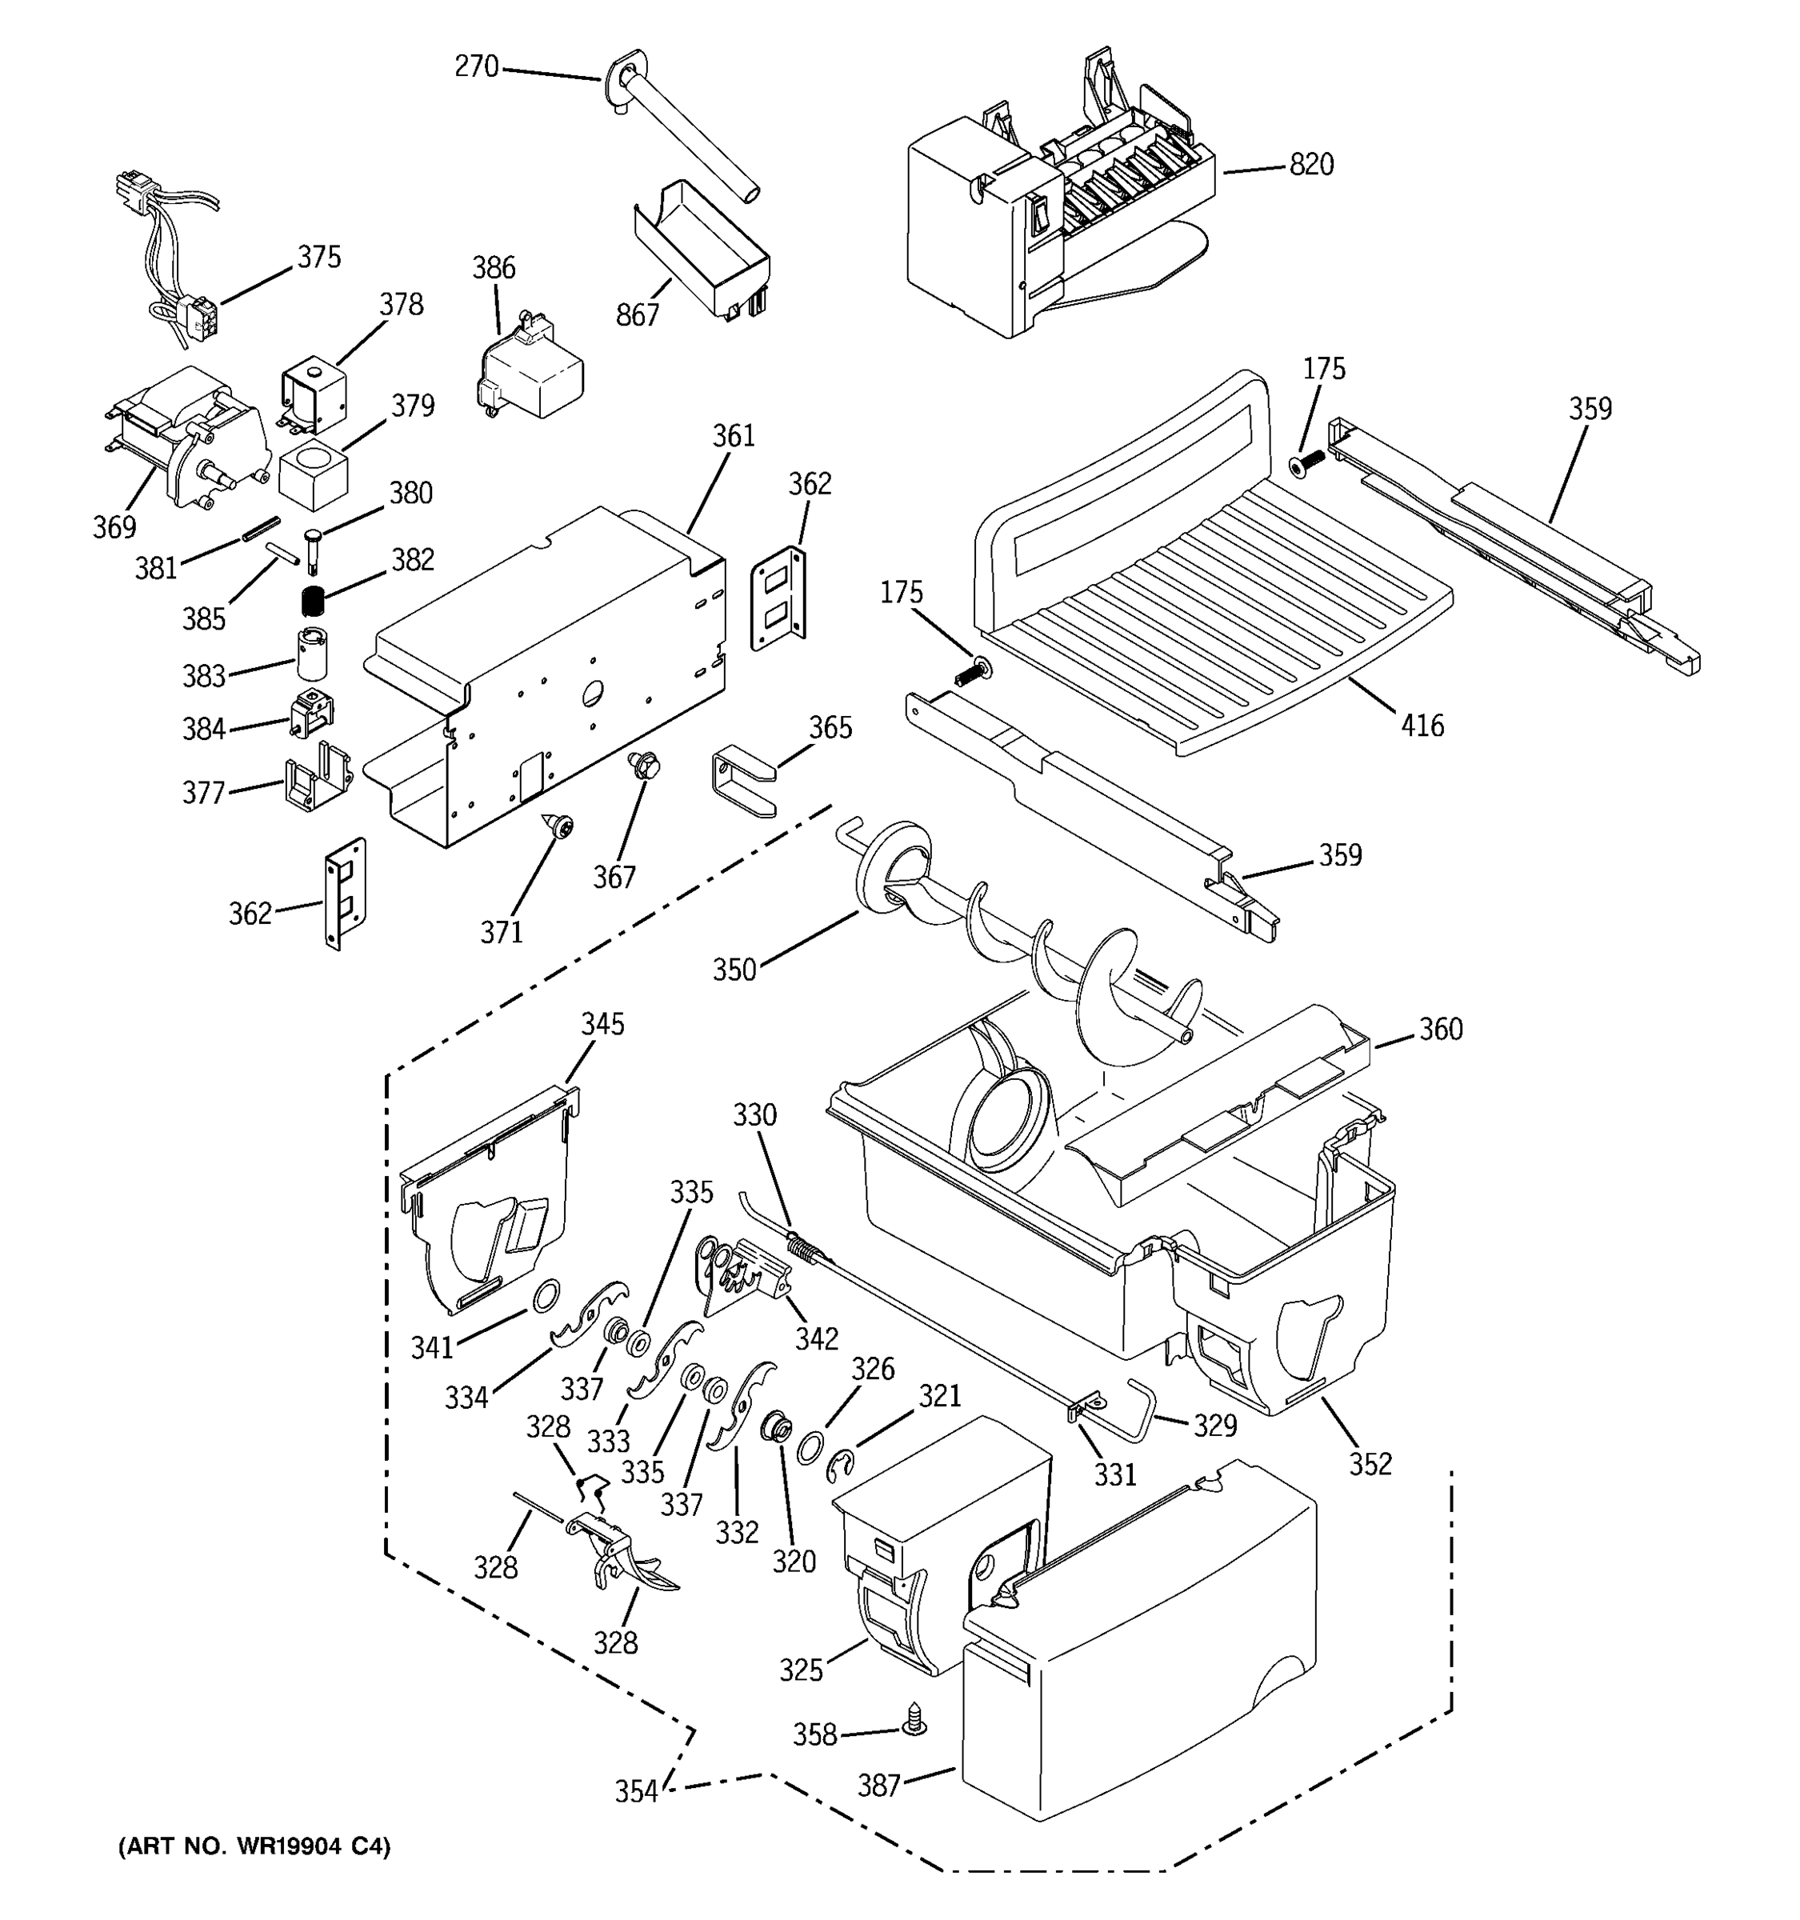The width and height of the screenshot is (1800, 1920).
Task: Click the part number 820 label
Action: pyautogui.click(x=1310, y=165)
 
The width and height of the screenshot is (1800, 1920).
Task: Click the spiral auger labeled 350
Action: pyautogui.click(x=1024, y=946)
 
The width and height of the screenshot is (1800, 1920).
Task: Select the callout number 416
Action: pyautogui.click(x=1422, y=726)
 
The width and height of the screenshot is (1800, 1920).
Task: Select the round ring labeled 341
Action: pyautogui.click(x=546, y=1293)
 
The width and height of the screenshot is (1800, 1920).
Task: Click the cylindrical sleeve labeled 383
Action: pyautogui.click(x=311, y=654)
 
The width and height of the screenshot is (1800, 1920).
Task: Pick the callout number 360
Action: pyautogui.click(x=1440, y=1030)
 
